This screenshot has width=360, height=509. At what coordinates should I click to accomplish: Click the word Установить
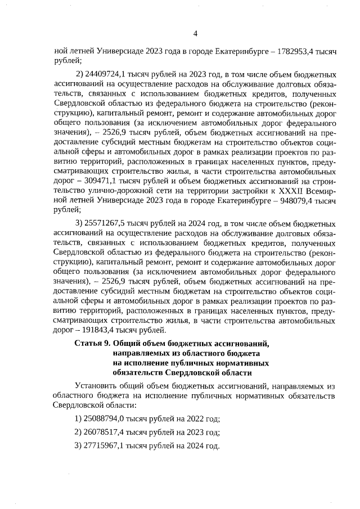pyautogui.click(x=96, y=386)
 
